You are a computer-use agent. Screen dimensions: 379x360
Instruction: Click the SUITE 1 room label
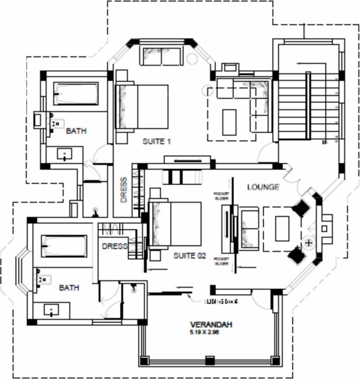pos(157,142)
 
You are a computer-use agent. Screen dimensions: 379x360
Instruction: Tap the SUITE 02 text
pos(190,256)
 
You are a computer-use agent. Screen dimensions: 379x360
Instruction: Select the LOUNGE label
pos(263,187)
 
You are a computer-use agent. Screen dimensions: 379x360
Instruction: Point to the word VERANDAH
pos(211,325)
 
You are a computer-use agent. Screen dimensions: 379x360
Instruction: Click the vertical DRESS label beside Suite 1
pos(124,190)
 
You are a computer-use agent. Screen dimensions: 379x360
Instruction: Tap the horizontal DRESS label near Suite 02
pos(114,246)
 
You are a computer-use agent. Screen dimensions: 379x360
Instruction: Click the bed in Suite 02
pos(176,224)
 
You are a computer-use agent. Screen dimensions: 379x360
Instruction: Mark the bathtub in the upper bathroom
pos(76,94)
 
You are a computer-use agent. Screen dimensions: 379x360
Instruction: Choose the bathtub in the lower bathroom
pos(63,246)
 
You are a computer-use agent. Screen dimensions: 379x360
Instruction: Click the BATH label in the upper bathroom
pos(77,131)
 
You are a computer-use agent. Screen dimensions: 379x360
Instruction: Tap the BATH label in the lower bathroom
pos(69,287)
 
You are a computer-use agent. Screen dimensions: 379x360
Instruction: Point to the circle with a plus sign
pos(309,243)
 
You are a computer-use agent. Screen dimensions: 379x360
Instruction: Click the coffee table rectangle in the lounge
pos(282,228)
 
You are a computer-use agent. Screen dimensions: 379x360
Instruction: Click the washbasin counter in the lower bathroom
pos(52,310)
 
